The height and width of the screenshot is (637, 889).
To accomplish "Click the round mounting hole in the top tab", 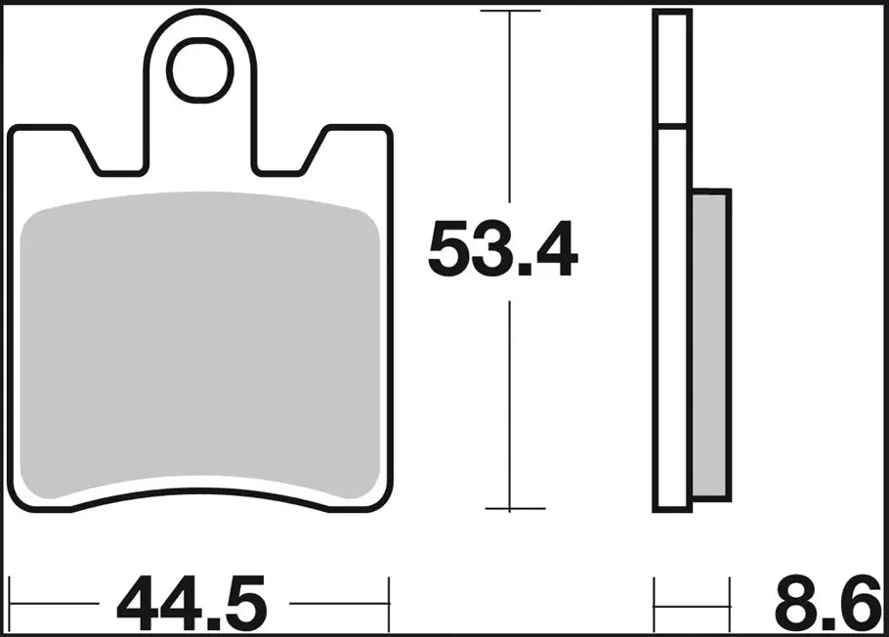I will [x=203, y=70].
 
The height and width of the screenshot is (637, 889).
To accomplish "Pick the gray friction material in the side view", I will [x=710, y=342].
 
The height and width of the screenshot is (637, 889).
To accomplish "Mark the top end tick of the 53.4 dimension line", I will [x=510, y=12].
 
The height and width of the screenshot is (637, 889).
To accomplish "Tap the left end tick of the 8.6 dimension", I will [x=654, y=605].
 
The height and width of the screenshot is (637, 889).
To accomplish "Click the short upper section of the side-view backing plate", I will [x=672, y=68].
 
